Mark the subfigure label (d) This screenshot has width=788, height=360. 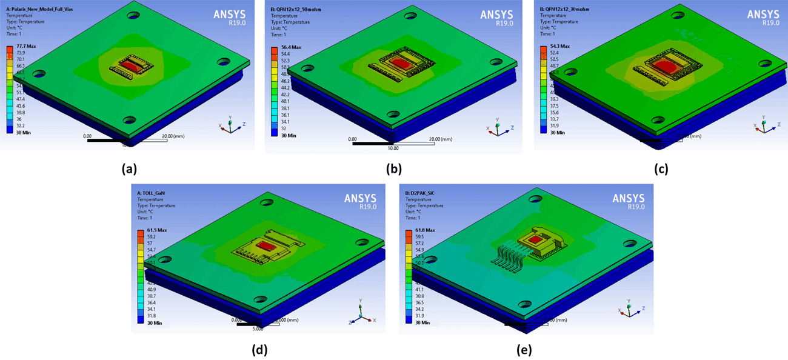258,350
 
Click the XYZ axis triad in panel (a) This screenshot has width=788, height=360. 231,125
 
